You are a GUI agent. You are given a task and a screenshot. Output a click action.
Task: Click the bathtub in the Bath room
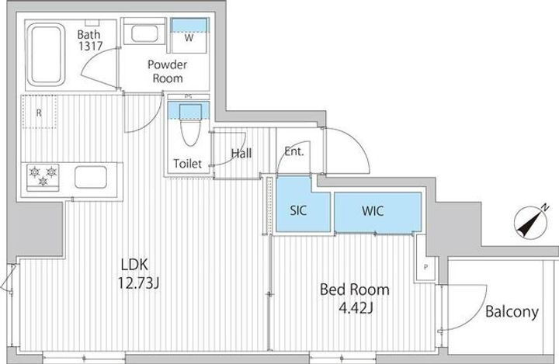[x=47, y=54]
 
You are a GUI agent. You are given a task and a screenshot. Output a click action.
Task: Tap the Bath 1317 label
[x=90, y=40]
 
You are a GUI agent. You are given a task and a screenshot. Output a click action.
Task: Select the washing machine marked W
[x=189, y=36]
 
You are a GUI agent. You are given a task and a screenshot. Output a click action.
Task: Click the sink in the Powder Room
[x=144, y=34]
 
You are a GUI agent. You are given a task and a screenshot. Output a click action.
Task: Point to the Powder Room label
[x=167, y=71]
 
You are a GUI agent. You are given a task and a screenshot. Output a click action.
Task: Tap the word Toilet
[x=188, y=164]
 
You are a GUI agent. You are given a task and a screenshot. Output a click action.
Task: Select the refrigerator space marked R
[x=40, y=112]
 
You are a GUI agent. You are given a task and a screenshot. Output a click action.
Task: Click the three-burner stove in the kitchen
[x=43, y=176]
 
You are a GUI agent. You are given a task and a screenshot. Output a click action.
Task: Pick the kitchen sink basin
[x=91, y=177]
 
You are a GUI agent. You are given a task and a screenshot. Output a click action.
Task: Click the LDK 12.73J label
[x=138, y=274]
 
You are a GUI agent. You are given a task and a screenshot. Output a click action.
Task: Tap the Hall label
[x=241, y=154]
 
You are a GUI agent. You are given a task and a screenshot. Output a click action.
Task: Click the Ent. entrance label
[x=294, y=151]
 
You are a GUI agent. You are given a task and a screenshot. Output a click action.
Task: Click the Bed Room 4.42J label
[x=355, y=298]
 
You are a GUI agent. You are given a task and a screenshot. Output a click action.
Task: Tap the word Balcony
[x=512, y=312]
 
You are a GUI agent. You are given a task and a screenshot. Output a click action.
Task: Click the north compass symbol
[x=531, y=222]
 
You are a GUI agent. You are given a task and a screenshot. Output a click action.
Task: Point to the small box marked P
[x=425, y=267]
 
